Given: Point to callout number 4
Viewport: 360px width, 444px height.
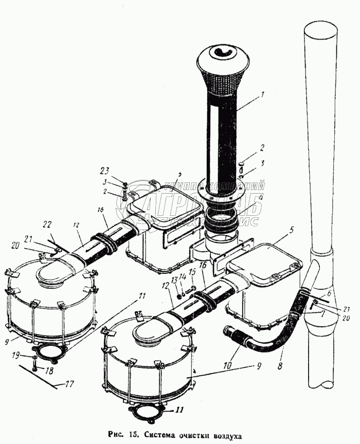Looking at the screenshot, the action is [261, 197].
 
